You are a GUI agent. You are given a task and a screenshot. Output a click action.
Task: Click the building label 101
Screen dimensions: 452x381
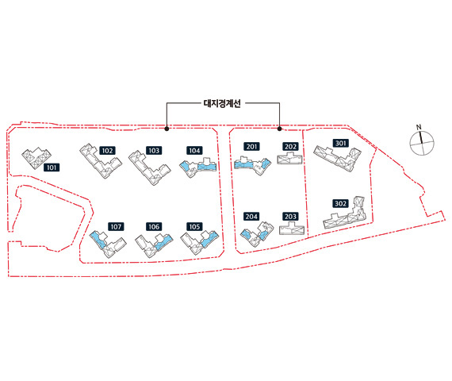click(x=52, y=167)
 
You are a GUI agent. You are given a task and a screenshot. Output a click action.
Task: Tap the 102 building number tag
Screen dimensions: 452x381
click(x=107, y=150)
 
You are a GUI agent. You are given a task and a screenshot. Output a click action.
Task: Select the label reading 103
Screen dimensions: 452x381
click(x=154, y=150)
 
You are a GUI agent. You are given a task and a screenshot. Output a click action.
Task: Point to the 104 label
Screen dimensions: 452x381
click(x=194, y=150)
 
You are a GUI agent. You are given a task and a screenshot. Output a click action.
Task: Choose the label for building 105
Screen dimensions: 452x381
click(x=194, y=226)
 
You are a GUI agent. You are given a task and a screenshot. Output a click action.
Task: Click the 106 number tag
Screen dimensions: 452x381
click(x=154, y=226)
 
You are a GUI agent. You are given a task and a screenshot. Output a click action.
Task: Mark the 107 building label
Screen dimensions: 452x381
click(x=116, y=226)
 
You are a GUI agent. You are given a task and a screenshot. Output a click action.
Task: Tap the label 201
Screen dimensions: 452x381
click(x=251, y=146)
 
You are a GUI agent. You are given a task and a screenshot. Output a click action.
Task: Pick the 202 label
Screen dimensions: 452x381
click(x=290, y=146)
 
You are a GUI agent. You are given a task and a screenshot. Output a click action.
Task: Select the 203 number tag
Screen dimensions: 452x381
click(x=290, y=216)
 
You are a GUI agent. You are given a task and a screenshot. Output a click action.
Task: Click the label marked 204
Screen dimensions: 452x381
click(x=251, y=216)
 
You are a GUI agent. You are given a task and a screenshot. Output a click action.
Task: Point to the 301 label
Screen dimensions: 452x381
click(x=340, y=143)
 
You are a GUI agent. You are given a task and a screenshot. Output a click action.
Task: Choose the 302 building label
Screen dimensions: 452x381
click(x=340, y=203)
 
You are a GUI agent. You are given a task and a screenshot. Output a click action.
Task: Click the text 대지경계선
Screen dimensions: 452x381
click(x=222, y=103)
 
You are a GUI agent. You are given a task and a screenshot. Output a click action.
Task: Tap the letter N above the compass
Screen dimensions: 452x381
click(x=419, y=127)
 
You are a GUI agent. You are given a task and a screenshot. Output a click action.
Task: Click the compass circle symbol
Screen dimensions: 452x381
click(x=422, y=143)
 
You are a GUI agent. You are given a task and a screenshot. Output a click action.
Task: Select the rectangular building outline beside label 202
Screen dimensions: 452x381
click(x=289, y=159)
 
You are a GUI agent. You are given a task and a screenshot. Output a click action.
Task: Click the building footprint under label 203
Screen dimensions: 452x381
click(x=292, y=229)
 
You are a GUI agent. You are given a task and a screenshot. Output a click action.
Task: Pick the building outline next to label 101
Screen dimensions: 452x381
click(x=36, y=158)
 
